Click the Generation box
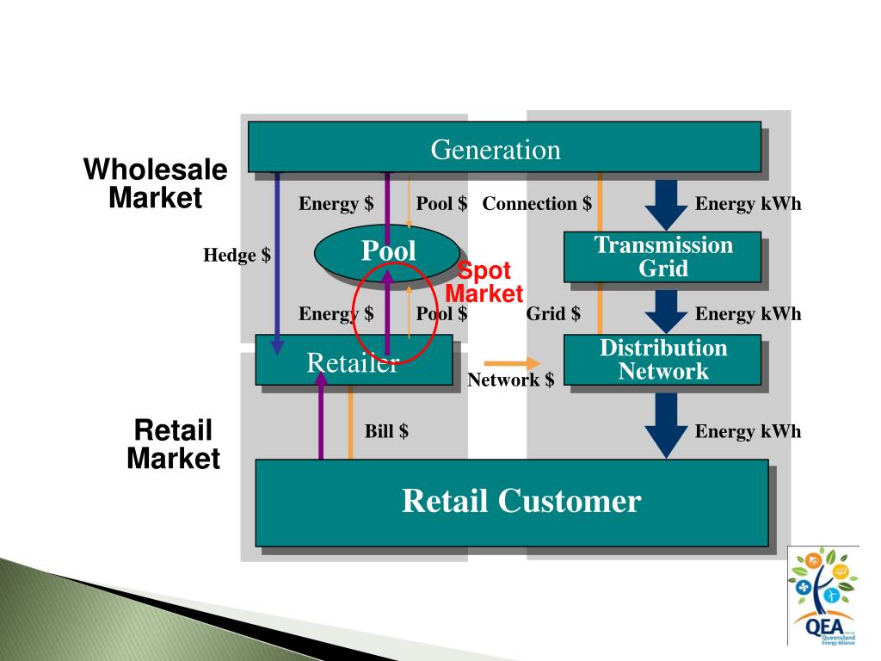[504, 147]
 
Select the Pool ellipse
[387, 250]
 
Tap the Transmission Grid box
[662, 256]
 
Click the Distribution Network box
[662, 360]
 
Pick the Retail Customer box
[511, 502]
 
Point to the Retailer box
[353, 361]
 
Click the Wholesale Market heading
[155, 183]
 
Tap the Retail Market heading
[173, 444]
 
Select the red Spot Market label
[484, 282]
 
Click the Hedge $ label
[237, 256]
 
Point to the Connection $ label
[537, 204]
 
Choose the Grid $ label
[553, 314]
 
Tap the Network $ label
[510, 380]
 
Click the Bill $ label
[386, 431]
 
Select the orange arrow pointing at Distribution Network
[513, 363]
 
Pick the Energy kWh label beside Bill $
[748, 431]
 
